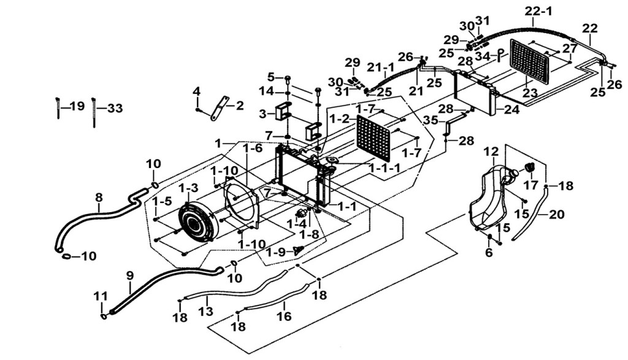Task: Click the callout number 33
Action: click(x=115, y=109)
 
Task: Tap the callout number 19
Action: click(x=77, y=107)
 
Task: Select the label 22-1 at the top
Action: click(x=538, y=11)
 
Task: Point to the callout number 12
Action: click(x=491, y=151)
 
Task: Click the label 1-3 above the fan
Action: click(x=188, y=188)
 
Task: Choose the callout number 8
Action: click(x=99, y=197)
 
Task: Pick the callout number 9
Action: click(x=129, y=276)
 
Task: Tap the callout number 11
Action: click(x=101, y=296)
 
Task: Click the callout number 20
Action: click(x=557, y=215)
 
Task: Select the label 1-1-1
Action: click(x=385, y=168)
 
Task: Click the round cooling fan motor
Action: click(x=196, y=223)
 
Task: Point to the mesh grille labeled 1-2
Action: click(x=373, y=138)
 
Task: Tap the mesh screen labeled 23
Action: click(x=529, y=61)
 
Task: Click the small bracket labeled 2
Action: click(x=220, y=108)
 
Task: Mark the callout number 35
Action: click(x=431, y=120)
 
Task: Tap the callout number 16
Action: click(x=285, y=316)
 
